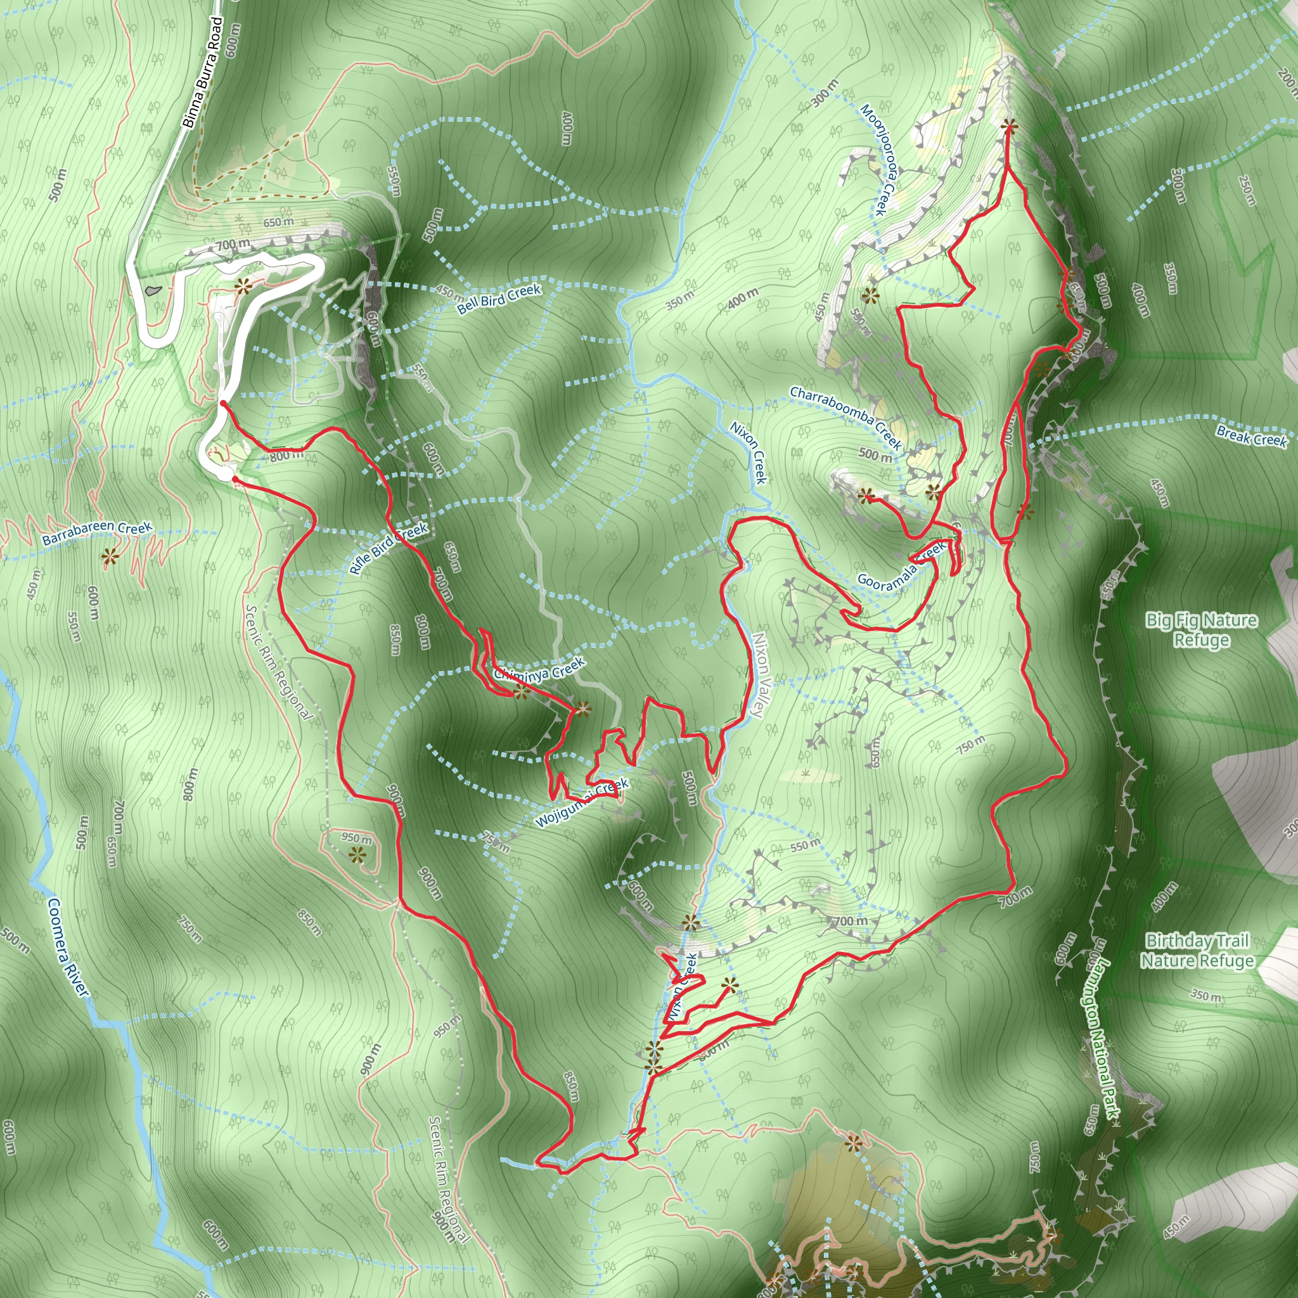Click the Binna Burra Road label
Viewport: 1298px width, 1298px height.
(x=202, y=72)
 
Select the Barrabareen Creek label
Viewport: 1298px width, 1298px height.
(x=97, y=534)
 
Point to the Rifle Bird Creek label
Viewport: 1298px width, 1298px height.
(x=389, y=548)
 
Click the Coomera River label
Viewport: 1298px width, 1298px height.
(x=68, y=948)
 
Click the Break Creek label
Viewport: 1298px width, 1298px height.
(x=1252, y=436)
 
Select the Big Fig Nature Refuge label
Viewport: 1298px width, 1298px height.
(x=1201, y=629)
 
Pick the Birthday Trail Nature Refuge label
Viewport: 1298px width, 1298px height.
(x=1197, y=951)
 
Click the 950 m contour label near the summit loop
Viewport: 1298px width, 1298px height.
(x=356, y=839)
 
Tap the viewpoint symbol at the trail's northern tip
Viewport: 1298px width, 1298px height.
(x=1008, y=125)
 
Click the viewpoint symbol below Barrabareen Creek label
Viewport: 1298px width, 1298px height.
(x=110, y=556)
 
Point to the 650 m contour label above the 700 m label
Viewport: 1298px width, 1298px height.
(x=278, y=222)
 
